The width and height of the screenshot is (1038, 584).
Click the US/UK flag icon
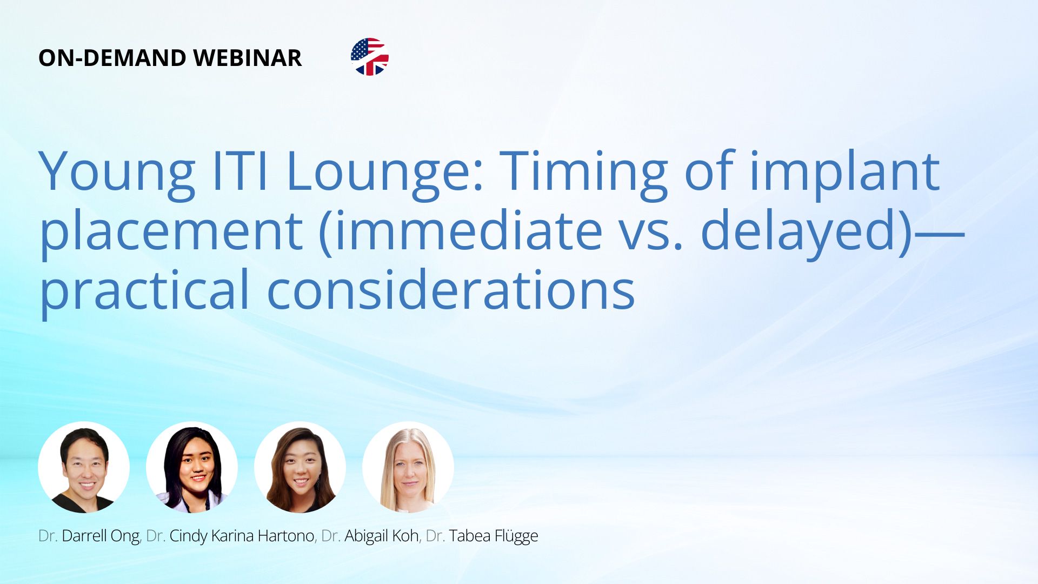tap(370, 57)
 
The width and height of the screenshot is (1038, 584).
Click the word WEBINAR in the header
tap(247, 58)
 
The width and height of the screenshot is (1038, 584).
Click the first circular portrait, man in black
tap(84, 467)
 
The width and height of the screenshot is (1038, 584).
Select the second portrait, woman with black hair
tap(192, 467)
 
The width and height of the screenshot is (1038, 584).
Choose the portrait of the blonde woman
tap(408, 467)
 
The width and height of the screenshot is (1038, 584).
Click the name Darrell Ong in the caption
tap(101, 536)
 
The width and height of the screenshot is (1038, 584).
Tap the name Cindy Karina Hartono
tap(242, 536)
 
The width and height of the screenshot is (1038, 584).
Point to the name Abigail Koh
tap(382, 536)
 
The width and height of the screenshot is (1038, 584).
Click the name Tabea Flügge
tap(494, 536)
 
